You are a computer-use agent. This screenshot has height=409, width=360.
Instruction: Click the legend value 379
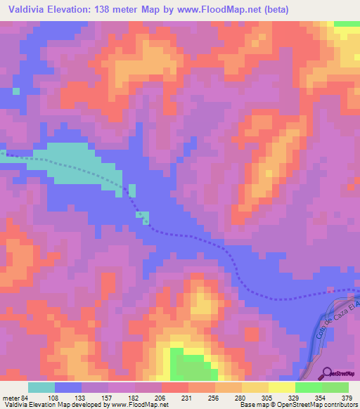pyautogui.click(x=347, y=398)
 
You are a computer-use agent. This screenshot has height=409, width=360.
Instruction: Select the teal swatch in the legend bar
pyautogui.click(x=41, y=387)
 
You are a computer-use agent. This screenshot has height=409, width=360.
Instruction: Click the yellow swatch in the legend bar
pyautogui.click(x=281, y=387)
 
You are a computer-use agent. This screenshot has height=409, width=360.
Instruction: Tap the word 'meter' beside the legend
pyautogui.click(x=10, y=398)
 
